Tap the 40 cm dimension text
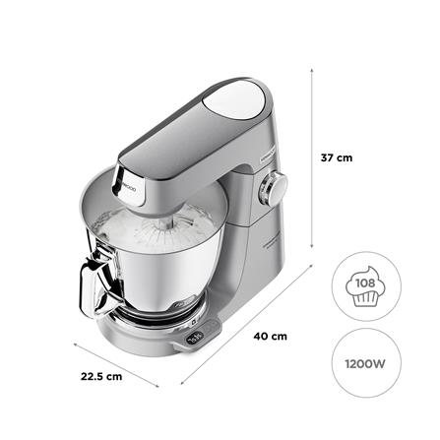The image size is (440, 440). (272, 337)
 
